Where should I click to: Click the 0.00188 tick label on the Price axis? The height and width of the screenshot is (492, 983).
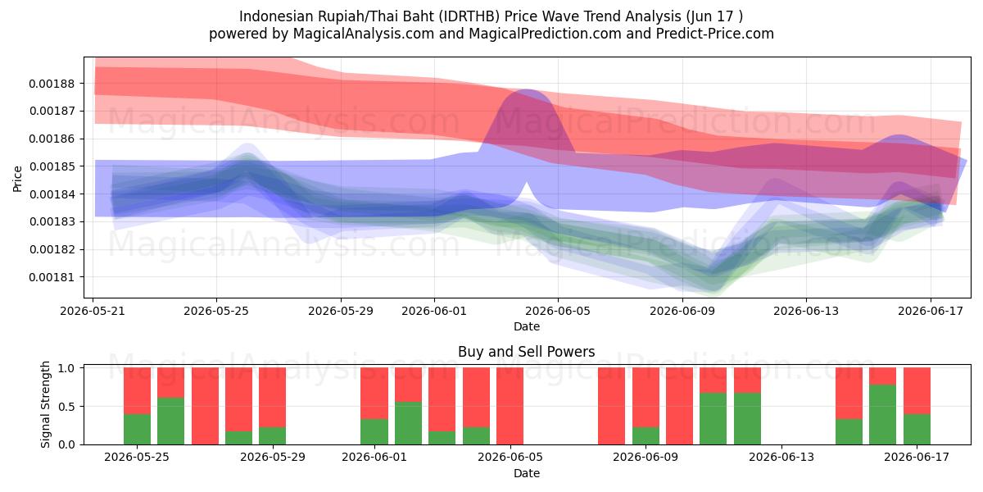point(52,84)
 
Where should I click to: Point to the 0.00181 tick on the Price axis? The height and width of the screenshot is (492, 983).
point(52,277)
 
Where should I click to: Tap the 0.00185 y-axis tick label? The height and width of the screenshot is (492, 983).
point(52,166)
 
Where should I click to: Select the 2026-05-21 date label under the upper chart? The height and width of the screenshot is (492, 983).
point(93,311)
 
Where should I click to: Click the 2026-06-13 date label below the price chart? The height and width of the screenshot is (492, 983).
point(806,311)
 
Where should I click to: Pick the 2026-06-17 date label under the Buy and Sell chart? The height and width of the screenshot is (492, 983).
point(917,457)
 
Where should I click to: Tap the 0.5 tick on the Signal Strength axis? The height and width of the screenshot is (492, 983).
point(66,407)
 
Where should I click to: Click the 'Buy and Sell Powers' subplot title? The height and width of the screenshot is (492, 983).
point(527,352)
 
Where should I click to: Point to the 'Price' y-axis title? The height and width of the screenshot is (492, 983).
point(17,179)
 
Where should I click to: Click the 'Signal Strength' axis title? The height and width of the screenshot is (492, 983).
point(45,404)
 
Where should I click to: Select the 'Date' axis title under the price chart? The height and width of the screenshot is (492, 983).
point(527,326)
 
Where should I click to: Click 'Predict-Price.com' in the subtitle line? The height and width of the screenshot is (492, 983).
point(715,34)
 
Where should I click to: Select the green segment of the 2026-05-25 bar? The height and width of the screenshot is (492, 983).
point(137,429)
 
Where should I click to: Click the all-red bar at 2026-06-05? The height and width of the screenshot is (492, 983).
point(510,406)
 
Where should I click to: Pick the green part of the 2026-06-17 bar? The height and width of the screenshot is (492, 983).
point(917,429)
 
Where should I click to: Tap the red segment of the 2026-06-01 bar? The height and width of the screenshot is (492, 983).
point(374,393)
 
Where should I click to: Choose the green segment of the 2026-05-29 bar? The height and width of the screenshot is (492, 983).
point(272,435)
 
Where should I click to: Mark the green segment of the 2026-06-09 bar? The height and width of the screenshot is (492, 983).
point(646,435)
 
